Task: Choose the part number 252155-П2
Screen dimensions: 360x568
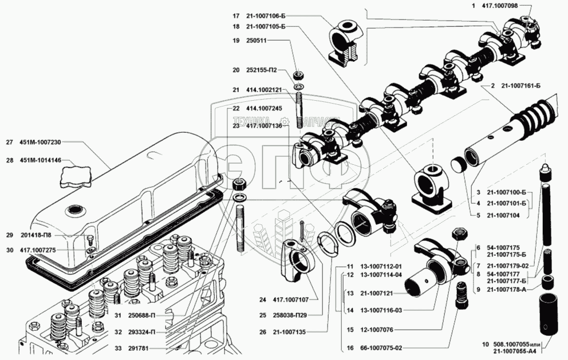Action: click(261, 70)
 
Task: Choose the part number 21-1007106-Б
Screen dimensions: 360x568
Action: click(266, 15)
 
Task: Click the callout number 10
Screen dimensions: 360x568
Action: click(486, 344)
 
